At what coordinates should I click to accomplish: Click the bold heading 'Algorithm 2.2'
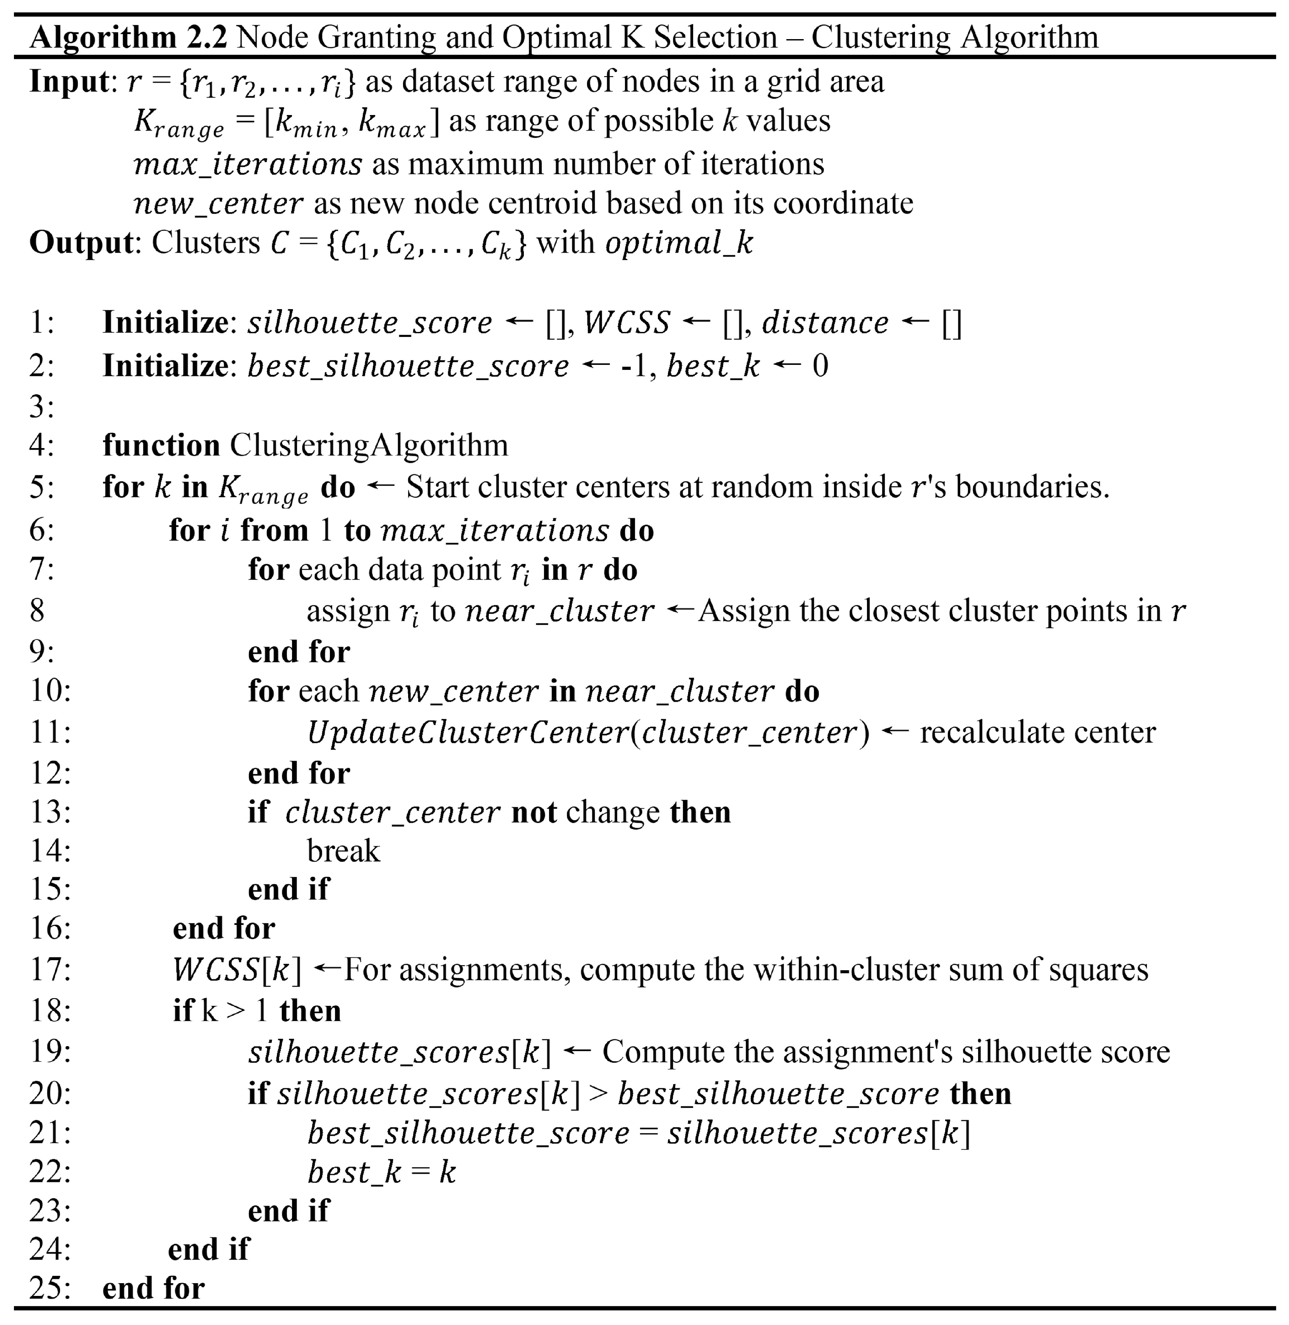pos(129,37)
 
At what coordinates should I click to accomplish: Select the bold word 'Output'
pos(81,242)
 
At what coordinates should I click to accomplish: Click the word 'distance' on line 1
pos(825,323)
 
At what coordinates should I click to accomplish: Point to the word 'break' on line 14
pos(343,851)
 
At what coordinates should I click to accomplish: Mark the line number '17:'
pos(50,969)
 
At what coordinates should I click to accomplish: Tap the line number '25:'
pos(50,1289)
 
